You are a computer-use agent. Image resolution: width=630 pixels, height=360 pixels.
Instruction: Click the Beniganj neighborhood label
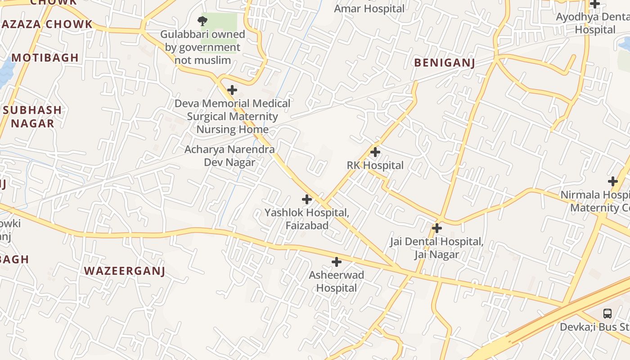444,63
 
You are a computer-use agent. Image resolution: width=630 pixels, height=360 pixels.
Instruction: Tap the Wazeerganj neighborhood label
125,271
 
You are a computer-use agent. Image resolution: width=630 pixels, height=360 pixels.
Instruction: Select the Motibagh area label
45,58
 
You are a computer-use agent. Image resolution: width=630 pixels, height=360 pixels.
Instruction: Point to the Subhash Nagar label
32,117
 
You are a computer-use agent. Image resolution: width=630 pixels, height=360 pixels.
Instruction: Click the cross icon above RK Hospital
375,152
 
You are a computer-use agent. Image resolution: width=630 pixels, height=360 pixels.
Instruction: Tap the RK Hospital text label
375,165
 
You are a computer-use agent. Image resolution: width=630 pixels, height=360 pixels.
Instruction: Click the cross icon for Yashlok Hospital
307,199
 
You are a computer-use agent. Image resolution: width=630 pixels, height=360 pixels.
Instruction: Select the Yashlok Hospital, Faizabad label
307,219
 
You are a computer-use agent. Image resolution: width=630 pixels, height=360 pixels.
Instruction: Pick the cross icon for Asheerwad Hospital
336,262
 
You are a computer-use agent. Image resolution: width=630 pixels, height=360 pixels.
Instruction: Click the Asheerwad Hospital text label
336,281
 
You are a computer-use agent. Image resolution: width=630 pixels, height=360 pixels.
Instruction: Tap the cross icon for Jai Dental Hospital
436,228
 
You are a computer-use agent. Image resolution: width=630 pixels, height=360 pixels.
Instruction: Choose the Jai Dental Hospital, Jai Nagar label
436,248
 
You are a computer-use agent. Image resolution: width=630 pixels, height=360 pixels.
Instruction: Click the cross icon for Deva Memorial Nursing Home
232,90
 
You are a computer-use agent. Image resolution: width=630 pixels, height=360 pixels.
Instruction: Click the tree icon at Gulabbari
202,20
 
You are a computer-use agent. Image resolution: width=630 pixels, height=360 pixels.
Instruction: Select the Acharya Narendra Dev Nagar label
229,156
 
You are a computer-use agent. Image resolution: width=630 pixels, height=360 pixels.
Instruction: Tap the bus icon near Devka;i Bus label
607,313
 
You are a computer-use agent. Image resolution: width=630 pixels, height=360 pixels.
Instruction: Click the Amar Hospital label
369,8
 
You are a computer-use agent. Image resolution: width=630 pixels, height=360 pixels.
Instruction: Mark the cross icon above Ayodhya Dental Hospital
595,4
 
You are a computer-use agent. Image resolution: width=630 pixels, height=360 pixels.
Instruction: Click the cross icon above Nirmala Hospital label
613,181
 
